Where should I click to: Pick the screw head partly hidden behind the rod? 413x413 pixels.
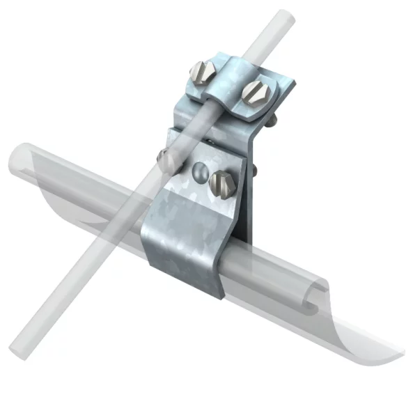tap(166, 160)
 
